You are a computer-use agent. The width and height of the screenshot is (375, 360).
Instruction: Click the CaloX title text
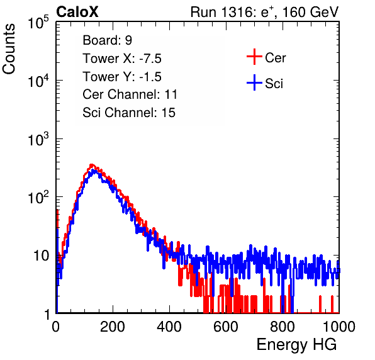point(77,12)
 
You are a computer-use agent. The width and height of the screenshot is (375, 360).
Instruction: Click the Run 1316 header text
point(264,12)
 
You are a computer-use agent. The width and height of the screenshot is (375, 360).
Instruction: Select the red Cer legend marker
point(254,57)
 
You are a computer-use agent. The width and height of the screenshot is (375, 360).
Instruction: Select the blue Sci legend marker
point(254,82)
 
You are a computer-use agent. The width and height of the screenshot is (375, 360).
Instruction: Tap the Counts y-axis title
point(9,49)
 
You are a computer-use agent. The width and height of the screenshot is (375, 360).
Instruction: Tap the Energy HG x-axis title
point(296,344)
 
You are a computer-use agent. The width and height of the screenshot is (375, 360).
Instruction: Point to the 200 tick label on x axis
point(113,327)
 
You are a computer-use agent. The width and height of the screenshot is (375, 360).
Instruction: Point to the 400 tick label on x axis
point(169,327)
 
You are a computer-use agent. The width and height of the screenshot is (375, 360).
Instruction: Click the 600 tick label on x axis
point(226,327)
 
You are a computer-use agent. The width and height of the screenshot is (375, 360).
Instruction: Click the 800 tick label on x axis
point(283,327)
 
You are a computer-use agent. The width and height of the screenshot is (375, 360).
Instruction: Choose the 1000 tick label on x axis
point(339,327)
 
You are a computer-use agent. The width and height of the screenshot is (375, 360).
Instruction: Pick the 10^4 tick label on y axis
point(38,81)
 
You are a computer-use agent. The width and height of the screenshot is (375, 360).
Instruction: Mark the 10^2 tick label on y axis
point(38,197)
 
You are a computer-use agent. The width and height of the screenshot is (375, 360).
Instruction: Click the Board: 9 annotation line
point(108,40)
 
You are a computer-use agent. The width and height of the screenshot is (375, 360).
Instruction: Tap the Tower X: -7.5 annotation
point(122,59)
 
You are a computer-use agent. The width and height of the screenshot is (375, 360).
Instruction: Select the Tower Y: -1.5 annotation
point(122,77)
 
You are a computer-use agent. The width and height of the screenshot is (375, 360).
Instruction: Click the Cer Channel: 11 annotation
point(130,94)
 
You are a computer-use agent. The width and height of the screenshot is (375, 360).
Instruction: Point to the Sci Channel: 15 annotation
point(129,113)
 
